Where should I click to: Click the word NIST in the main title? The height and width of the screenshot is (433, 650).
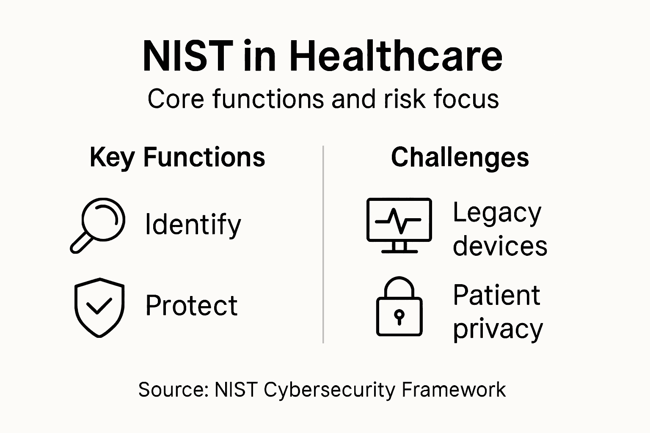click(187, 57)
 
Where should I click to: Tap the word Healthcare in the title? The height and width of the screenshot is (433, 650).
click(397, 57)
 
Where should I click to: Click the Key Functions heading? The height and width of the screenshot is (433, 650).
click(177, 157)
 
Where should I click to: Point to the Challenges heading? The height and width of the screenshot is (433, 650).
click(460, 157)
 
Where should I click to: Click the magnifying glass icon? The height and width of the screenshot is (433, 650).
click(98, 225)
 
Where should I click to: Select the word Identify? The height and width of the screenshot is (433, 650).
click(193, 225)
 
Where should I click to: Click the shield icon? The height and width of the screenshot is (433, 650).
click(99, 307)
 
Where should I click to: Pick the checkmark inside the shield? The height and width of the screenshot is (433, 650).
click(99, 306)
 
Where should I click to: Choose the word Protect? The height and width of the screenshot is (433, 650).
click(191, 305)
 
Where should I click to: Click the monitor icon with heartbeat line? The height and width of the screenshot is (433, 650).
click(399, 225)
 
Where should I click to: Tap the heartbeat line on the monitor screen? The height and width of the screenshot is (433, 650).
click(398, 220)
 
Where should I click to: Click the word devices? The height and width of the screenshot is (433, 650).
click(500, 246)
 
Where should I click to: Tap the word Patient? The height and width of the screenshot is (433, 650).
click(496, 295)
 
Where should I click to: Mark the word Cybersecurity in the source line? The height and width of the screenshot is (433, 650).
click(329, 389)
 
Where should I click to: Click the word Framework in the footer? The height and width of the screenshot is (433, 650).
click(453, 389)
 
